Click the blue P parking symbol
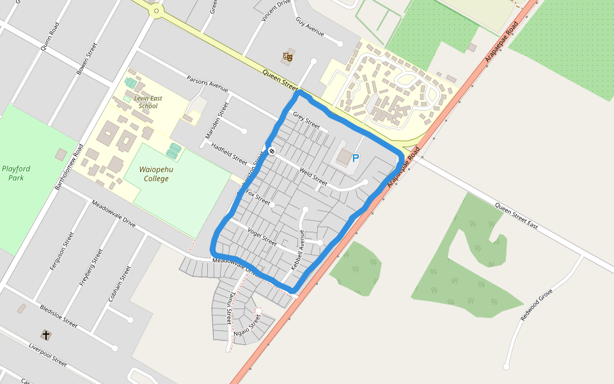point(356,158)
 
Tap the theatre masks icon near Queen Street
point(287,57)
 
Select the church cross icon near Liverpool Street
point(45,335)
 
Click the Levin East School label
point(143,102)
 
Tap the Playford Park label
point(16,173)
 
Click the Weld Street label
point(313,177)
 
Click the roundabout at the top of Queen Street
point(155,10)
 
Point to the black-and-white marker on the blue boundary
point(272,151)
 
